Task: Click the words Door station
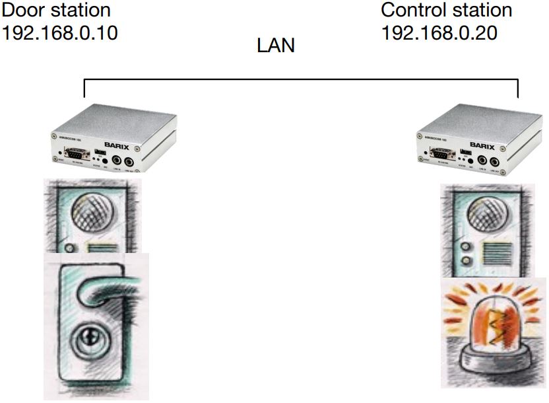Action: tap(57, 11)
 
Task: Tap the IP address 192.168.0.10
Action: tap(60, 32)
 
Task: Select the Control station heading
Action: tap(446, 11)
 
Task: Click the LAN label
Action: tap(275, 46)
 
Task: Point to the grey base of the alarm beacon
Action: tap(493, 362)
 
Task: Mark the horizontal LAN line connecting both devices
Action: tap(301, 80)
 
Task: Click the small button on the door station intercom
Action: tap(69, 248)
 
